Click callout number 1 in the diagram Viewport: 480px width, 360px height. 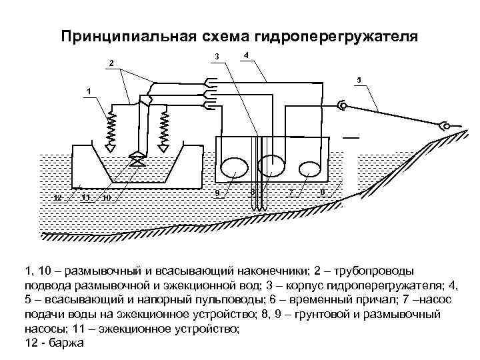tap(89, 89)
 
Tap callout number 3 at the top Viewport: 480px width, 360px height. tap(217, 56)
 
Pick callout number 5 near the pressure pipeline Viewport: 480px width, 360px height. tap(359, 80)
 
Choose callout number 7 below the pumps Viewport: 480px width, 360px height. tap(291, 192)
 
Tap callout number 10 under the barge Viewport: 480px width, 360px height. tap(107, 197)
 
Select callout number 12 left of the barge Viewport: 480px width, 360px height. tap(57, 197)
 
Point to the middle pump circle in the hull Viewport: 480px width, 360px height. tap(272, 166)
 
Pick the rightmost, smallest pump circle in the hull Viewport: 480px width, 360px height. tap(309, 167)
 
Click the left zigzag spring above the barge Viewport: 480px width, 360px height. tap(112, 129)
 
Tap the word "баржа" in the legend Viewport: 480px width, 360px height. tap(63, 343)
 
